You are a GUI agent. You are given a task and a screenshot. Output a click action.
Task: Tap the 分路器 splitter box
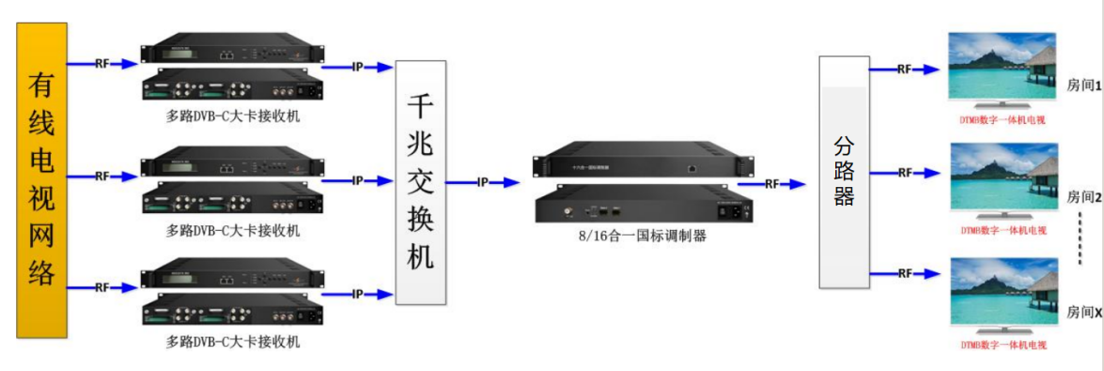coord(843,171)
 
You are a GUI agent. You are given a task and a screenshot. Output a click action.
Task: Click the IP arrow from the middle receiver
coord(357,179)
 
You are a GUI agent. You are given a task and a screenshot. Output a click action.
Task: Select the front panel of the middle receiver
coord(231,166)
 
